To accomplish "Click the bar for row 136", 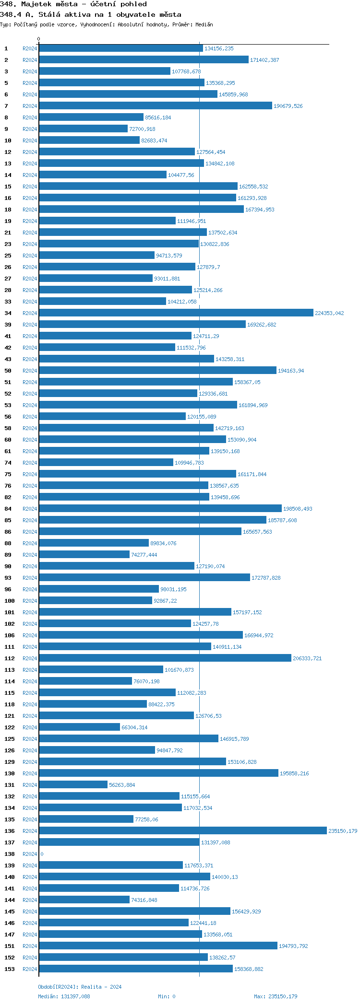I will (182, 830).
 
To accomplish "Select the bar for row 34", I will (176, 313).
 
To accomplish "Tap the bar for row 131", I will (73, 784).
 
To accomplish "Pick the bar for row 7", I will (155, 105).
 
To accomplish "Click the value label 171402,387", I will (264, 60).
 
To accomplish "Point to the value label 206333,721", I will (307, 658).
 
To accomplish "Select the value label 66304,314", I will (134, 727).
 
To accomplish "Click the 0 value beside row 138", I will (42, 854).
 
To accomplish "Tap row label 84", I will (8, 509).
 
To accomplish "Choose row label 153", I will (10, 969).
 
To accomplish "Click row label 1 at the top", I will (6, 48).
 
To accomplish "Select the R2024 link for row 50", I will (30, 371).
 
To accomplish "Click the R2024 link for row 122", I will (30, 727).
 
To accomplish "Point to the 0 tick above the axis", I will (39, 39).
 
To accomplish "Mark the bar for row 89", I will (84, 554).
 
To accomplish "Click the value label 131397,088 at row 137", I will (216, 842).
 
